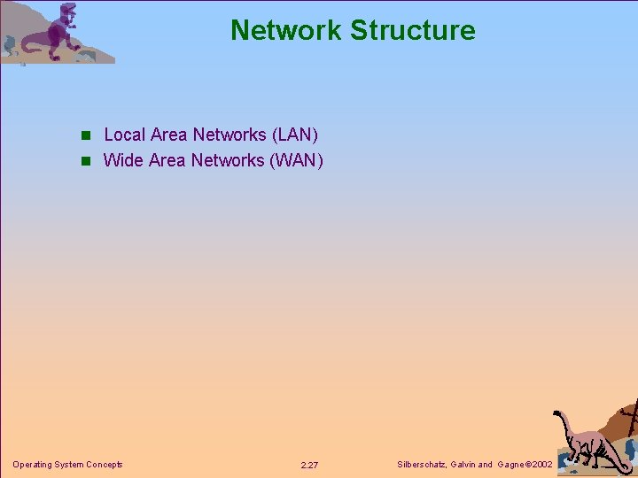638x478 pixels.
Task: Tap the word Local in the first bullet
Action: [x=124, y=135]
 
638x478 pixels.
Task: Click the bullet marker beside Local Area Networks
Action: [x=86, y=135]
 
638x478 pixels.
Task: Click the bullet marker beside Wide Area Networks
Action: [x=86, y=161]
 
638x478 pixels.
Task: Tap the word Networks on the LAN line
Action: [x=229, y=135]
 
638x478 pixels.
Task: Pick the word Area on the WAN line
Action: [x=168, y=160]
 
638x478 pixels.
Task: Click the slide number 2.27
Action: [x=309, y=465]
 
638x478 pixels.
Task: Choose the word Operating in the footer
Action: [x=33, y=465]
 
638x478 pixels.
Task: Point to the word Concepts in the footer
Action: [x=104, y=465]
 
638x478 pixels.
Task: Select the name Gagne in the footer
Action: [x=512, y=465]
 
